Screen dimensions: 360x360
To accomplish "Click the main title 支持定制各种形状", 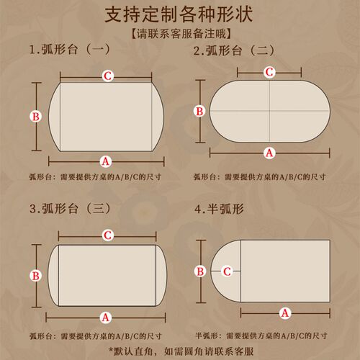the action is tap(179, 14).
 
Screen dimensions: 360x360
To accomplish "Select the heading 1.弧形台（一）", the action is tap(70, 50).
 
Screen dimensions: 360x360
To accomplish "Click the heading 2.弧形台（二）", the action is tap(234, 50).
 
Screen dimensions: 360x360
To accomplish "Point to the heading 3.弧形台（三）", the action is tap(70, 208).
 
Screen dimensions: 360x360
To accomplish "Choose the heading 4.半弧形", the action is tap(219, 209).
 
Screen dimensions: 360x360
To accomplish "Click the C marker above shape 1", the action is tap(108, 76).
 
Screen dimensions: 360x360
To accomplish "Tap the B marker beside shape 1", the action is tap(36, 117).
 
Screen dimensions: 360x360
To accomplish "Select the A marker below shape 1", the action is tap(106, 161).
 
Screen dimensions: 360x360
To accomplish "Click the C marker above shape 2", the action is tap(269, 72).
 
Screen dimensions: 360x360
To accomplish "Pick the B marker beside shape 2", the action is tap(199, 112).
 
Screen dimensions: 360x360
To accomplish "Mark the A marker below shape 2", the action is tap(269, 153).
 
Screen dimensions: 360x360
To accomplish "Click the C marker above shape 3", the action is tap(108, 235).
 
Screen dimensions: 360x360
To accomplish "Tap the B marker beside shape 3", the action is tap(36, 276).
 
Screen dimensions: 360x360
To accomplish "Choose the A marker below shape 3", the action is tap(106, 318).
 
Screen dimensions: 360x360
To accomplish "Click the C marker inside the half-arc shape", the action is tap(227, 271).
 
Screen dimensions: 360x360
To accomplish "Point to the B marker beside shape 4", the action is tap(200, 271).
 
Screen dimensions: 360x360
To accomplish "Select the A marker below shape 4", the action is tap(285, 313).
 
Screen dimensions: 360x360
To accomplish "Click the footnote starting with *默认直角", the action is tap(181, 351).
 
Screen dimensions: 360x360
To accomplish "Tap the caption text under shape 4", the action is tap(261, 336).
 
